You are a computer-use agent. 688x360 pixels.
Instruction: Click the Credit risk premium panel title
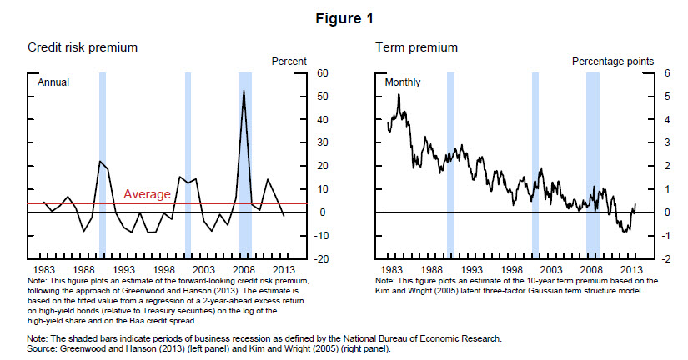83,47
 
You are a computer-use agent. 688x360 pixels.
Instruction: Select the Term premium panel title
415,47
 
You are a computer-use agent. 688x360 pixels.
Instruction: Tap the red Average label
147,194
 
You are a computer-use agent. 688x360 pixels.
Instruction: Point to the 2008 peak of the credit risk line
244,91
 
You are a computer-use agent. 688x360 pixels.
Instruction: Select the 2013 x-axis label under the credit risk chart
283,271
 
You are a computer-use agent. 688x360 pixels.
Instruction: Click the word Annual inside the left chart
53,82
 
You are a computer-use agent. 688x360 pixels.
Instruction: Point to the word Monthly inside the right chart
403,82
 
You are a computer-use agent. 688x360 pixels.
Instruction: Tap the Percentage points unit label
612,62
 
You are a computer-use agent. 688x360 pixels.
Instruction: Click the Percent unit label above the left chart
289,62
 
